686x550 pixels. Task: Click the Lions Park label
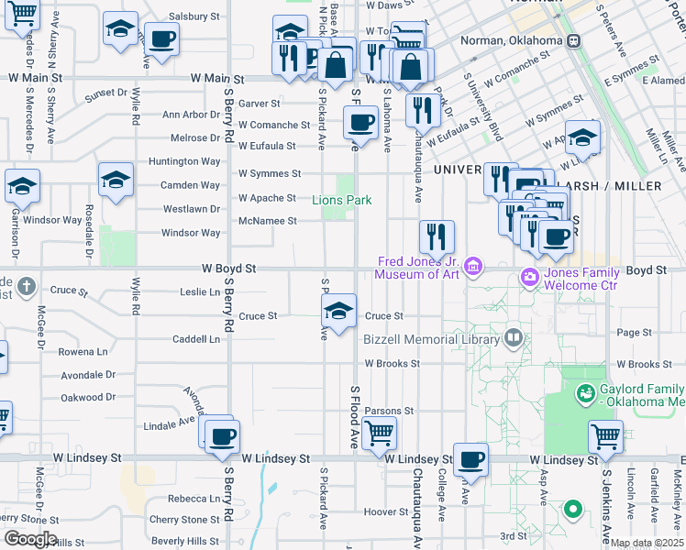tap(341, 200)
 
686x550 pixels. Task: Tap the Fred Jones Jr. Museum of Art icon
tap(473, 267)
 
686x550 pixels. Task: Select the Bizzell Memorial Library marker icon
tap(513, 338)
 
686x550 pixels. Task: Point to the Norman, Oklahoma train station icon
tap(574, 41)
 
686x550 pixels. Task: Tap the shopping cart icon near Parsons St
tap(379, 433)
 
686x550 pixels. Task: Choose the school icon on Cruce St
tap(338, 312)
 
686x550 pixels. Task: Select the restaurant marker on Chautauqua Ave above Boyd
tap(437, 236)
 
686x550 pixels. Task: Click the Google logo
tap(29, 539)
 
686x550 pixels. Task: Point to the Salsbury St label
tap(194, 16)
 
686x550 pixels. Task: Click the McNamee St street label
tap(267, 221)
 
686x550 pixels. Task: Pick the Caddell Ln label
tap(196, 338)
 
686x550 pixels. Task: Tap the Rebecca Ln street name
tap(194, 498)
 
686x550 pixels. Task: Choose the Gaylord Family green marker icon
tap(584, 393)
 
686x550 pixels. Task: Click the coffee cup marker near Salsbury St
tap(162, 39)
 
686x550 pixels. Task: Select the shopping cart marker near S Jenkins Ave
tap(605, 436)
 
